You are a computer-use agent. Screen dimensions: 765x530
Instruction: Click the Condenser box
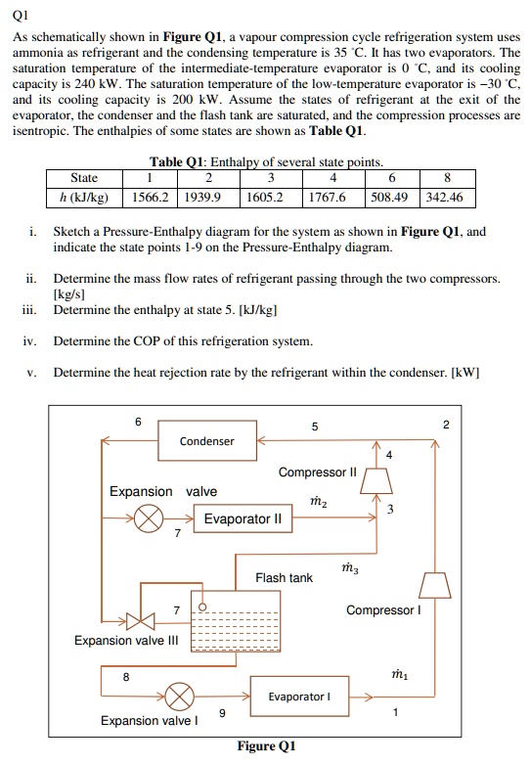pos(206,441)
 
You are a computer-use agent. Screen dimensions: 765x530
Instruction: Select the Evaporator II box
pos(243,519)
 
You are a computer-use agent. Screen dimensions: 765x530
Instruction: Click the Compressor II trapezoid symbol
pos(376,479)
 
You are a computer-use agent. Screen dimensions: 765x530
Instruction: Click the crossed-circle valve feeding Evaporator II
pos(150,519)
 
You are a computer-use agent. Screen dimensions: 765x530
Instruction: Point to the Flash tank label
pos(284,577)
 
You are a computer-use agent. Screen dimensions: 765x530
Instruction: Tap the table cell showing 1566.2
pos(150,198)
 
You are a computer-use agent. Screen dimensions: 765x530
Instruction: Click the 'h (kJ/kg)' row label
pos(84,198)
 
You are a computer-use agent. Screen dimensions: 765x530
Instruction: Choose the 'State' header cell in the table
pos(84,178)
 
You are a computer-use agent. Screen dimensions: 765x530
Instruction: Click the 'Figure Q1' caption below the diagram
pos(266,746)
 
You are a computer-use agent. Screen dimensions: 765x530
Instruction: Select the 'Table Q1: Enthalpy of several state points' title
pos(265,161)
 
